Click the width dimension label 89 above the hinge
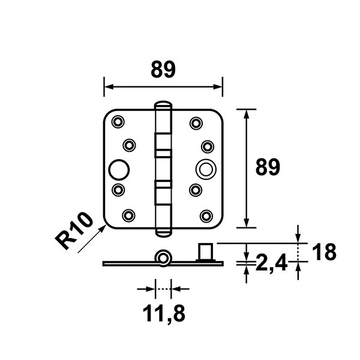pyautogui.click(x=163, y=70)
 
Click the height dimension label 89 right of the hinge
pyautogui.click(x=268, y=167)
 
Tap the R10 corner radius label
pyautogui.click(x=74, y=230)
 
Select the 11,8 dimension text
pyautogui.click(x=164, y=314)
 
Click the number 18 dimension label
pyautogui.click(x=324, y=252)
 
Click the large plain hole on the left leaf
pyautogui.click(x=119, y=170)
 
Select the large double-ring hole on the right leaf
pyautogui.click(x=206, y=170)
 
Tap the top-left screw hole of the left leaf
pyautogui.click(x=118, y=122)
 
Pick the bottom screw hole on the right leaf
pyautogui.click(x=206, y=216)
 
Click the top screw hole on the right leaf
pyautogui.click(x=196, y=123)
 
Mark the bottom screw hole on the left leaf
pyautogui.click(x=128, y=215)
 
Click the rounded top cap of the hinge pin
pyautogui.click(x=163, y=104)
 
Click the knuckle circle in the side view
pyautogui.click(x=163, y=258)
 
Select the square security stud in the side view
pyautogui.click(x=206, y=252)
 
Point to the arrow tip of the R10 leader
pyautogui.click(x=106, y=225)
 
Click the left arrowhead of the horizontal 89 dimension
pyautogui.click(x=109, y=87)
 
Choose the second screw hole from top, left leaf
pyautogui.click(x=129, y=145)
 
